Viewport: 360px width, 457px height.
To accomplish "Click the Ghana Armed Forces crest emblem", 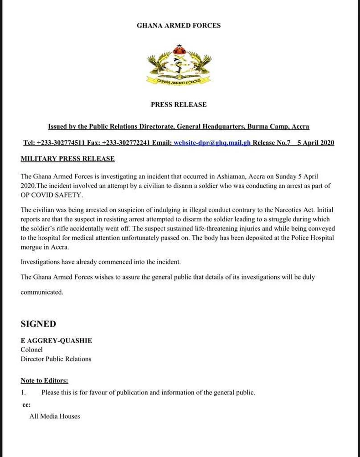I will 179,65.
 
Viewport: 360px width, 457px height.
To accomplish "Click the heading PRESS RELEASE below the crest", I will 179,104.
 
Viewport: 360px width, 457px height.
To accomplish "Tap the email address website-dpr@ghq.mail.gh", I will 212,143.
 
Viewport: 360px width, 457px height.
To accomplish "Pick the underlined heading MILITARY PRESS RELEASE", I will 67,159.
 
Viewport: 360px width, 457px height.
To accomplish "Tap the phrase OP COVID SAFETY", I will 52,195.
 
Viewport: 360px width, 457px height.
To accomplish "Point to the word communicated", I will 42,292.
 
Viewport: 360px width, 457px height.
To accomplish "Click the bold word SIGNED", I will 38,324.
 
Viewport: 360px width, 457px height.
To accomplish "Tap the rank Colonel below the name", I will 31,349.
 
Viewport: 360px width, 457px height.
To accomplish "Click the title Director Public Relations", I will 56,359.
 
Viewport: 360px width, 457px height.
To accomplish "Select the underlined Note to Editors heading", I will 44,380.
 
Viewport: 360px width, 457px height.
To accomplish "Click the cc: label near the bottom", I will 26,405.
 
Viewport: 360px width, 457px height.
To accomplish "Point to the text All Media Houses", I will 54,416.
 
